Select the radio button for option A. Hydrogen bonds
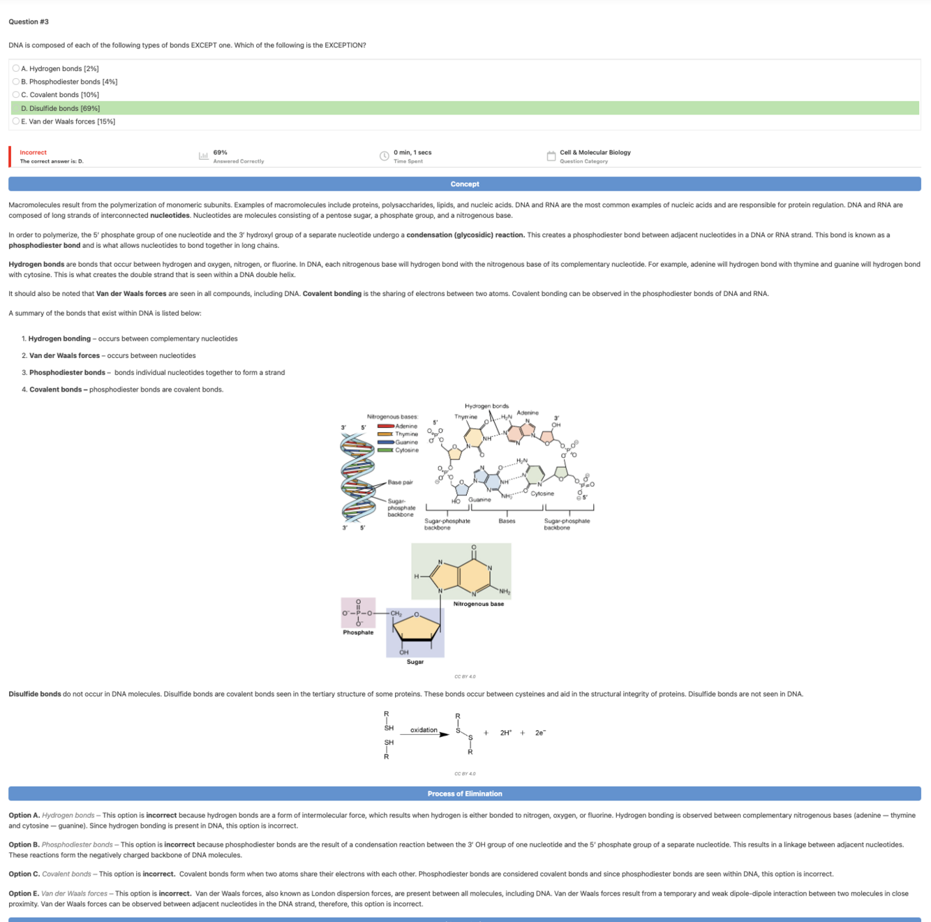point(16,68)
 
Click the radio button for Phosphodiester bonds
point(16,82)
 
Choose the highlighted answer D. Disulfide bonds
point(60,108)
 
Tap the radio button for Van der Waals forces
point(16,121)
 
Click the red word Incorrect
point(33,152)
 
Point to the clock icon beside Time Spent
point(384,156)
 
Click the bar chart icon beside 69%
point(203,156)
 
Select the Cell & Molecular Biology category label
point(595,152)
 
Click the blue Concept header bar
point(465,184)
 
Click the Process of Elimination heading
point(465,794)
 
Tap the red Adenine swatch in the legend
point(385,426)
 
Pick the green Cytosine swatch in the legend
point(385,450)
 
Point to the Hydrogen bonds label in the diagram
point(486,406)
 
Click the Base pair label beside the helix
point(400,482)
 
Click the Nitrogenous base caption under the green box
point(478,604)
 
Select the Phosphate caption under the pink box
point(358,632)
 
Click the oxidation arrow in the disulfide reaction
point(424,734)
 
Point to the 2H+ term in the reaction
point(506,733)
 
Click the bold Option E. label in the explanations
point(23,893)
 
